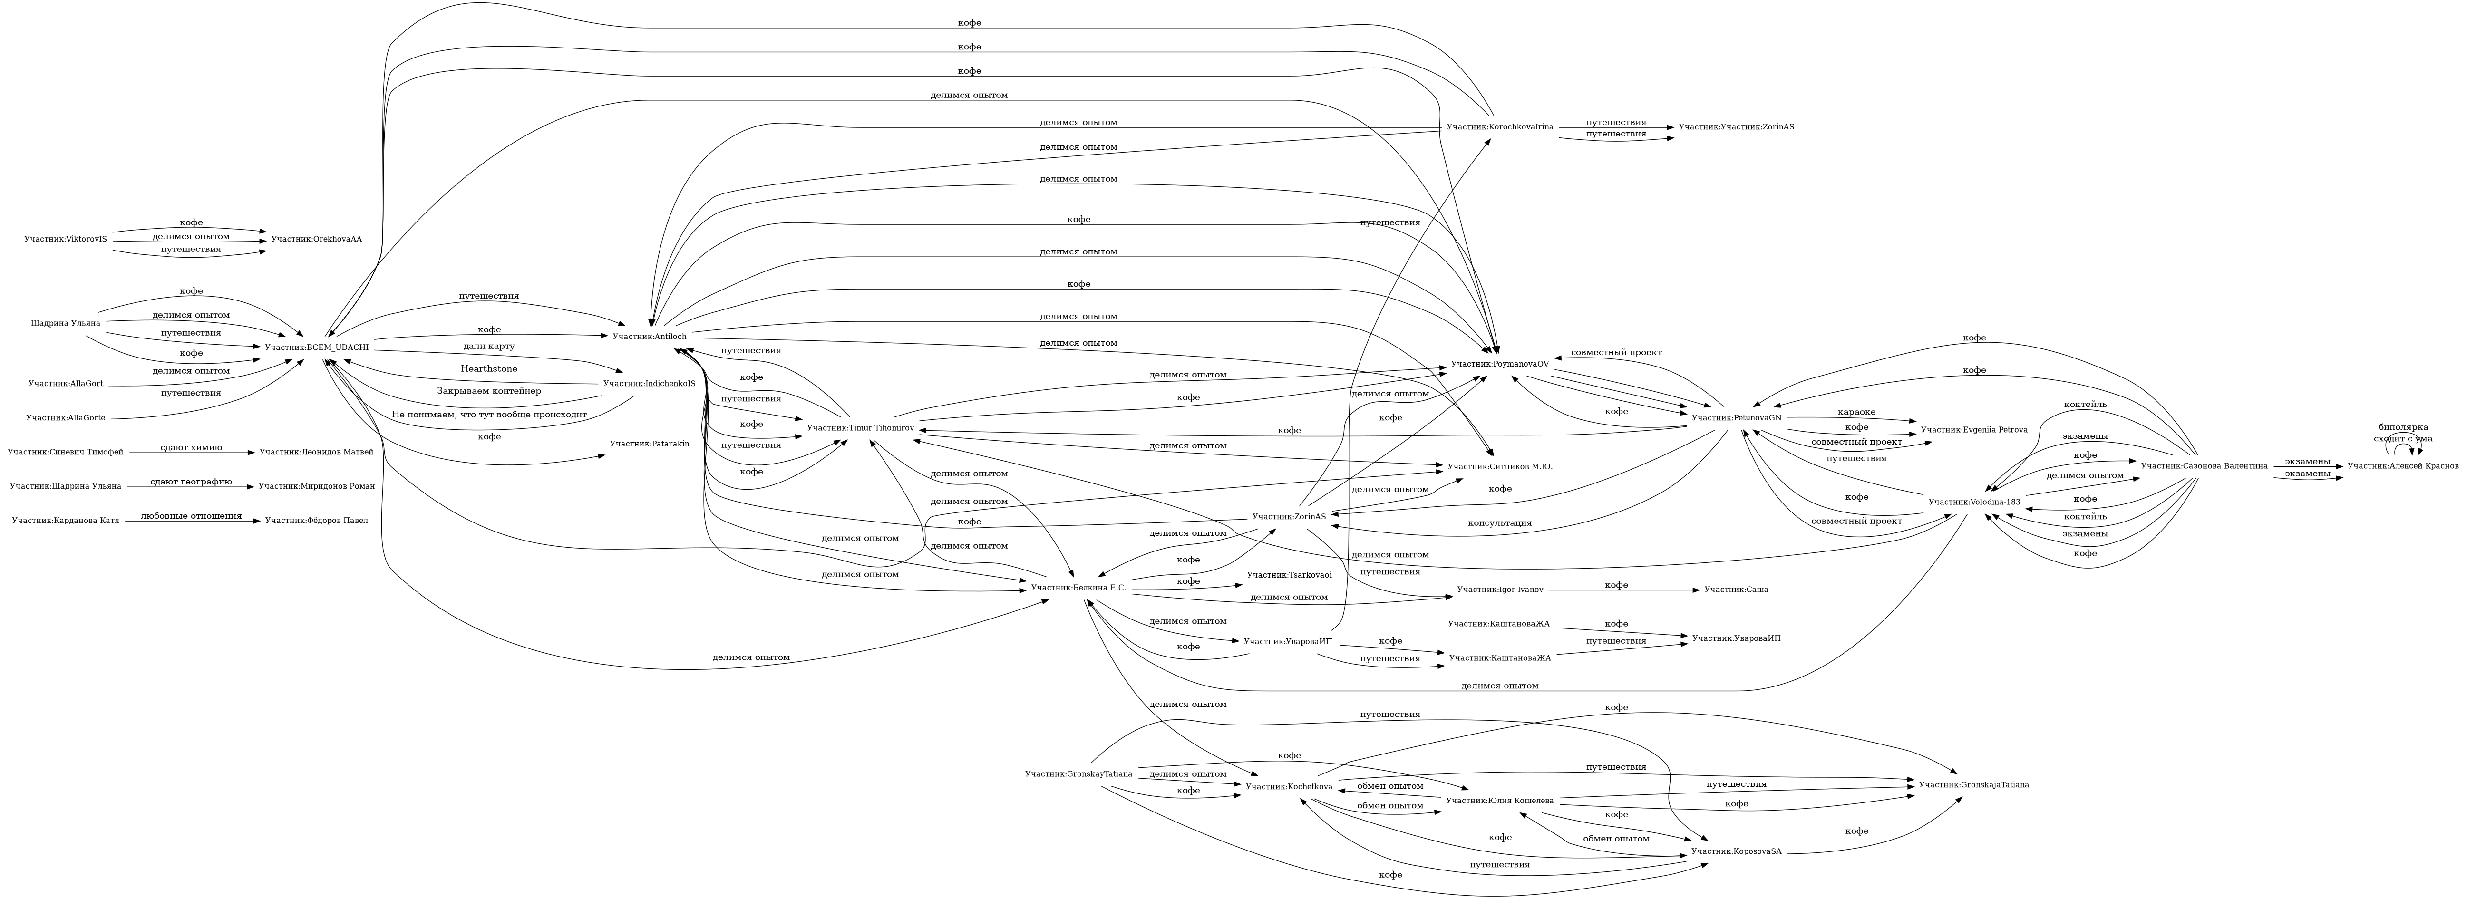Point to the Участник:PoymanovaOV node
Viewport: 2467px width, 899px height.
(1500, 364)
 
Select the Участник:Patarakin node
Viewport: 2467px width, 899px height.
(649, 443)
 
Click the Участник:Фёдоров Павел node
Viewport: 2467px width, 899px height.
(316, 521)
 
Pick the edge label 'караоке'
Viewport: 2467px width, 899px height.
(1856, 412)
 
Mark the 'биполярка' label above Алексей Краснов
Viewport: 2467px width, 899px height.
(2403, 427)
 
